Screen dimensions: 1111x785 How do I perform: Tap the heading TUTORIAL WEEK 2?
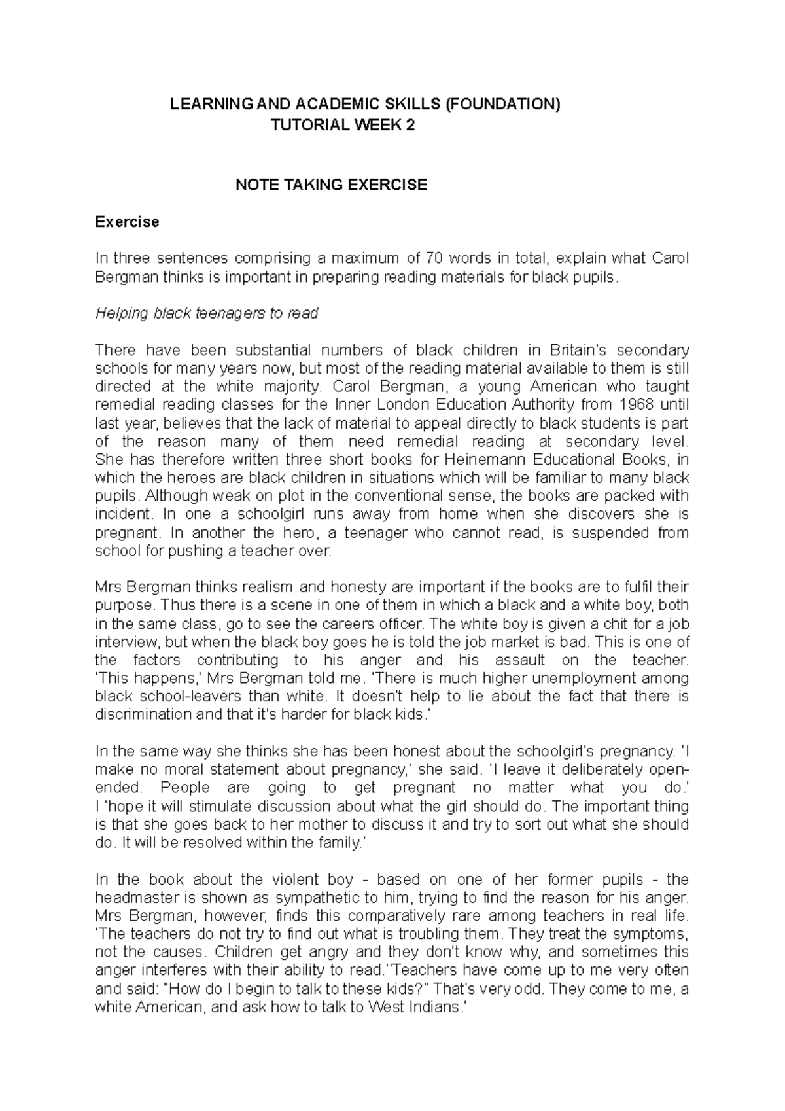click(343, 125)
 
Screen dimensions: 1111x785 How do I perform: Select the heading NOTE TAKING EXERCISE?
click(331, 185)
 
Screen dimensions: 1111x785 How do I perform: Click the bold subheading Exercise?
click(127, 222)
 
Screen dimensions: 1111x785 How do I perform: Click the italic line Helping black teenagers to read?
click(207, 313)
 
